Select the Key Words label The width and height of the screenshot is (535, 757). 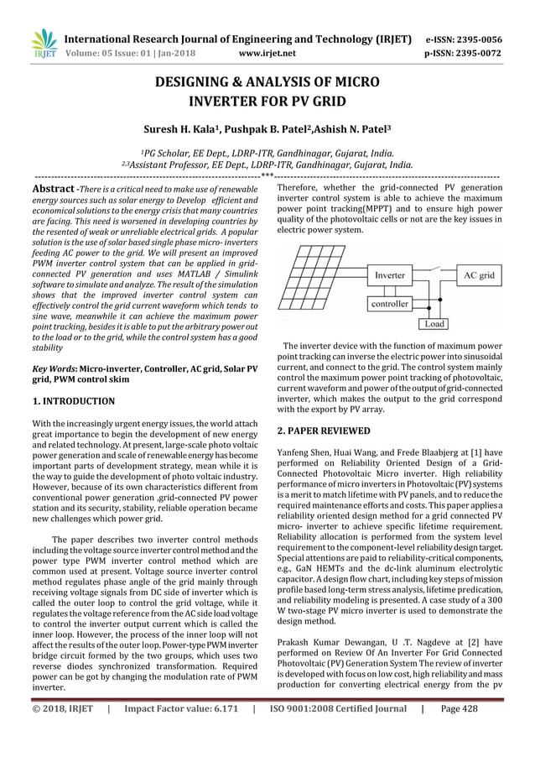pyautogui.click(x=55, y=368)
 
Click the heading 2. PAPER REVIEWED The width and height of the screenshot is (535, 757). pyautogui.click(x=323, y=431)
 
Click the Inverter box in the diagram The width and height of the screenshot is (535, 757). pyautogui.click(x=389, y=274)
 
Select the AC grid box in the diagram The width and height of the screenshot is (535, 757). pyautogui.click(x=479, y=274)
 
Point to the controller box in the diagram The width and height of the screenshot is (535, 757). pyautogui.click(x=389, y=304)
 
